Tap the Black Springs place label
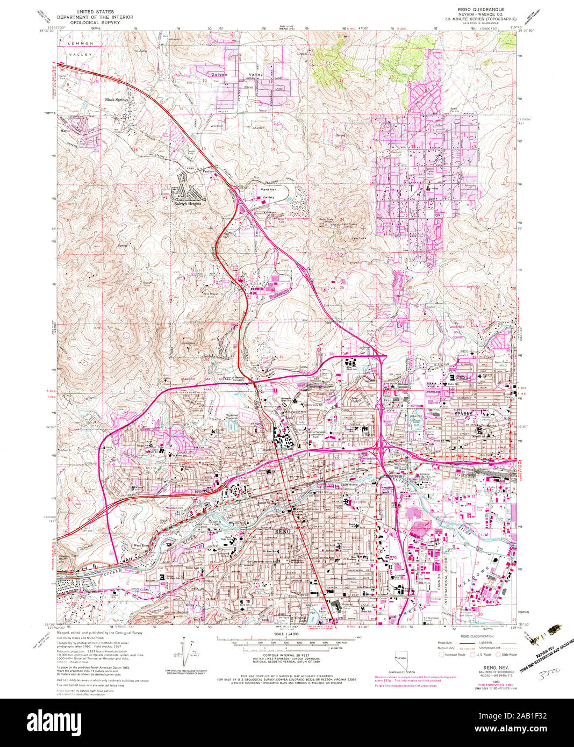point(117,100)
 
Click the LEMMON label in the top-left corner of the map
point(76,41)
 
